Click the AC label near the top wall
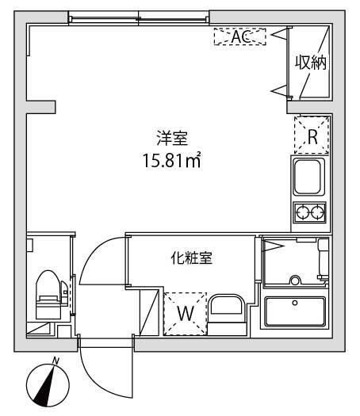(239, 36)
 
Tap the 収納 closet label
(312, 62)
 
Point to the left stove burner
(302, 212)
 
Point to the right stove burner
(319, 212)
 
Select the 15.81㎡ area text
(170, 161)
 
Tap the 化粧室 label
(190, 258)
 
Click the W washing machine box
(184, 312)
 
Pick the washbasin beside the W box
(228, 311)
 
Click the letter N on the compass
(56, 361)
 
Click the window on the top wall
(140, 18)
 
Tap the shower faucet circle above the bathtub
(295, 280)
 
